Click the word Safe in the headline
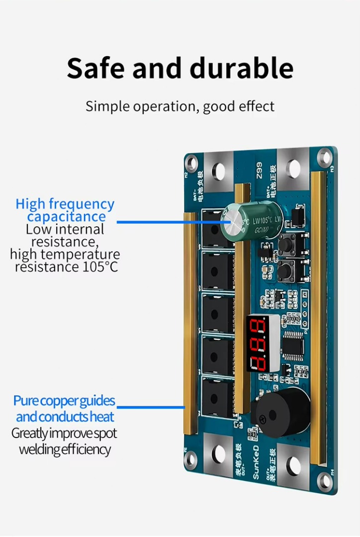(95, 68)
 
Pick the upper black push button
(286, 245)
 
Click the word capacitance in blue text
(66, 217)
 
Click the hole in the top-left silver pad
(217, 169)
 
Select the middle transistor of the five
(217, 313)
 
